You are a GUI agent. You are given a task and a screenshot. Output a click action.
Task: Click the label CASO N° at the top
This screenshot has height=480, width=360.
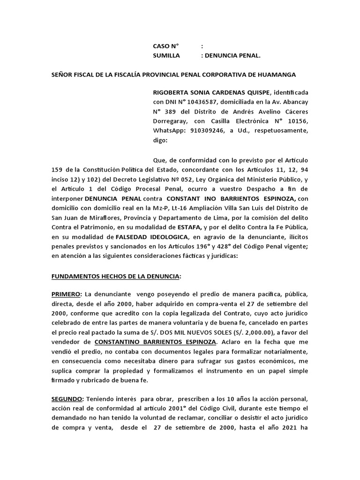[x=166, y=46]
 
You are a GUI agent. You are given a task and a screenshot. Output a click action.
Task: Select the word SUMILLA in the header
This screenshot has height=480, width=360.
[x=167, y=55]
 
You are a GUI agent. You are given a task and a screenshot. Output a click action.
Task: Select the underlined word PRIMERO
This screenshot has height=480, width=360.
[x=66, y=294]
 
